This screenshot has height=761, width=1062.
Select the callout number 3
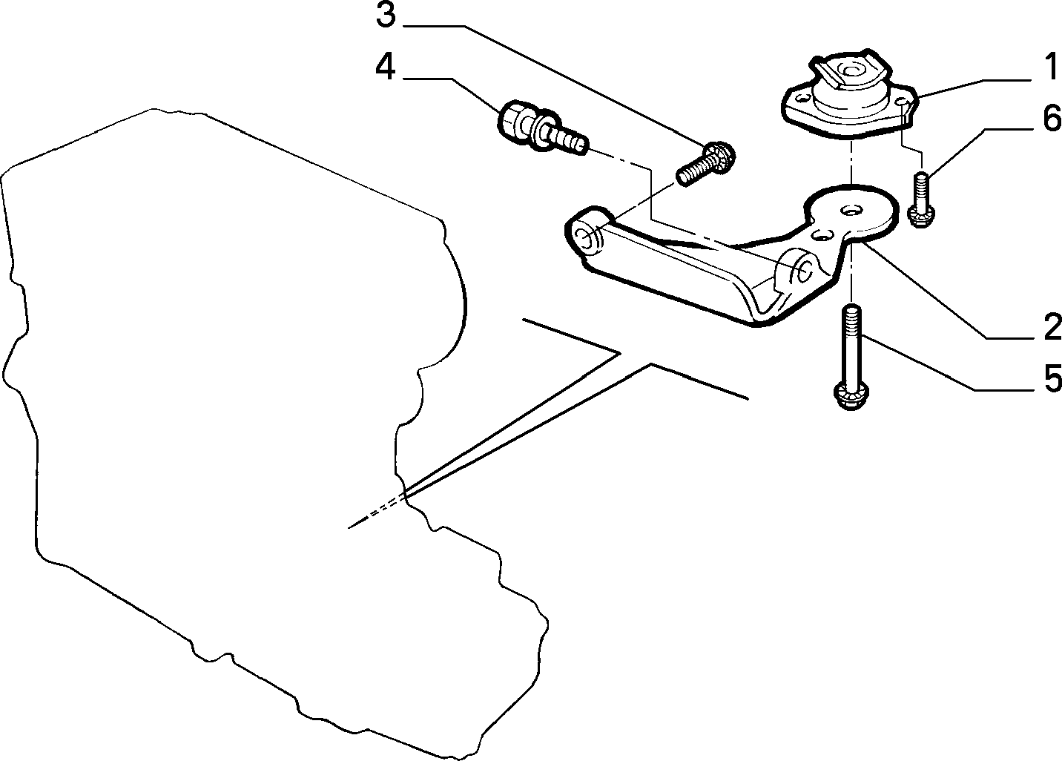click(x=386, y=15)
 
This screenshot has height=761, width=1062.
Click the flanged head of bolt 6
click(x=921, y=216)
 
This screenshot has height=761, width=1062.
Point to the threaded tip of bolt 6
click(x=920, y=178)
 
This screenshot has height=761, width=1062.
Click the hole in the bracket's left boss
click(x=588, y=239)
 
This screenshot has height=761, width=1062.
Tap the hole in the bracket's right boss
click(x=803, y=271)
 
